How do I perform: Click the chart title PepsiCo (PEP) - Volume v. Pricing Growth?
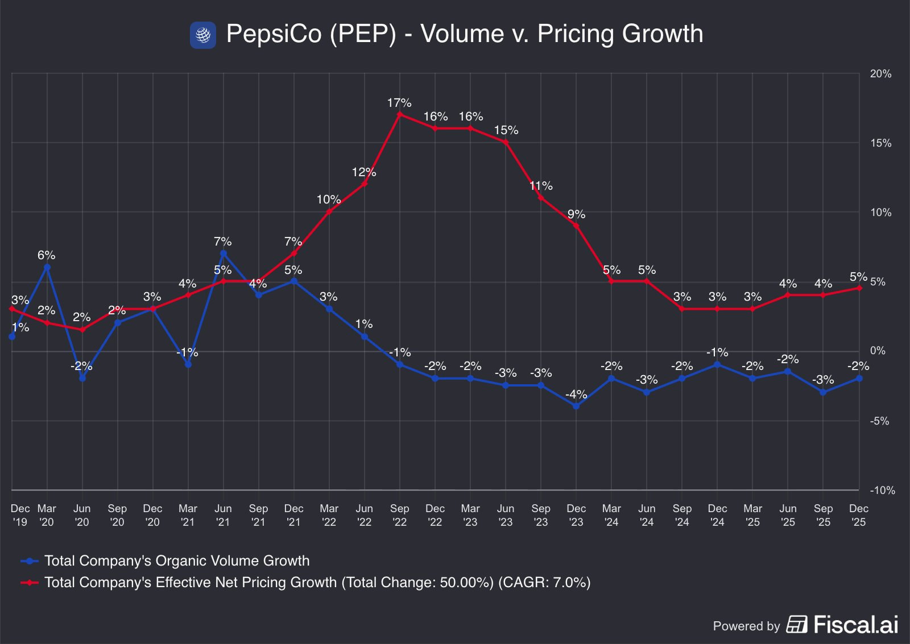464,34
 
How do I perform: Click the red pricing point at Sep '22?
400,114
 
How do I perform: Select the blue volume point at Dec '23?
576,406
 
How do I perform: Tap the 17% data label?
399,103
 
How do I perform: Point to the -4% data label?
576,394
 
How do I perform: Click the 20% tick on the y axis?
880,74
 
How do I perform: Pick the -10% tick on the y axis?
882,490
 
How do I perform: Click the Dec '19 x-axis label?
20,515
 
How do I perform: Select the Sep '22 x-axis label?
400,515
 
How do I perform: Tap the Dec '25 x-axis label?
858,515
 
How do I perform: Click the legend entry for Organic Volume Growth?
177,561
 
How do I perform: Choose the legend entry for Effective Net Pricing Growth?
317,583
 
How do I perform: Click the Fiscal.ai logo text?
855,625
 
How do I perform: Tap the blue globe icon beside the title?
203,35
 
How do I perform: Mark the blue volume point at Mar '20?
47,267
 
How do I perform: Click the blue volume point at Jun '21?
224,254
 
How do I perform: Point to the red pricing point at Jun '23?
506,142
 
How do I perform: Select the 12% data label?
363,172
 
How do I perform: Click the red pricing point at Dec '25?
859,288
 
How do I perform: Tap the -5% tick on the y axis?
879,421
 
